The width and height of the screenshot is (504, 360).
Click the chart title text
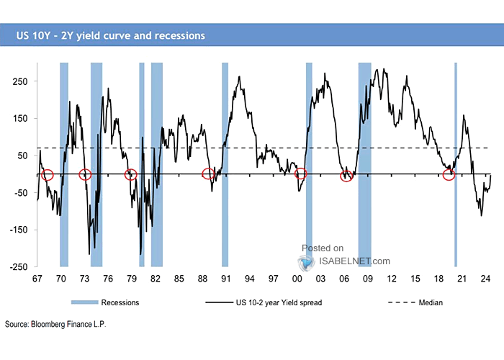108,35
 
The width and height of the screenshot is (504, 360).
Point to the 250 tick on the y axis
20,81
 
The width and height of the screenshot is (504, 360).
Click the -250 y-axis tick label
18,267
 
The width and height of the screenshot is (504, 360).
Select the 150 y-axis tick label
20,119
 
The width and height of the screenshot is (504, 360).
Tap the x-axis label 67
37,279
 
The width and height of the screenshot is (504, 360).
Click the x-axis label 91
225,279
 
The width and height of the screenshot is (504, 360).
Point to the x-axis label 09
367,279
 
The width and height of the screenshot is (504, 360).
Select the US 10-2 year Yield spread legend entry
273,303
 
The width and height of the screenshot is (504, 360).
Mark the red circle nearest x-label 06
346,176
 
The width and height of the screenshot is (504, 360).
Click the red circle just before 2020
449,175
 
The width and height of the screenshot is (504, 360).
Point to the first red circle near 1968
48,174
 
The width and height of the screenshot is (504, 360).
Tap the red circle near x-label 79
130,174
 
